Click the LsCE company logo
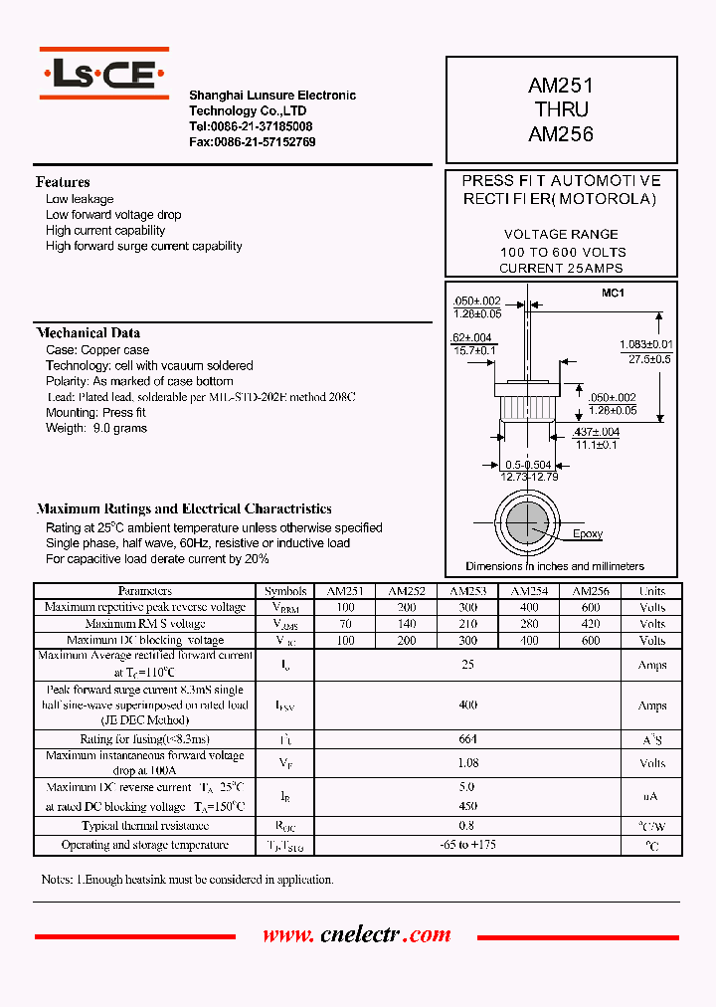104,74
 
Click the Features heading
63,182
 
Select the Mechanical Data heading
89,333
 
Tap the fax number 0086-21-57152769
253,142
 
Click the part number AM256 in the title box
561,132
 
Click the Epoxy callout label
588,534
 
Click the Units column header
652,591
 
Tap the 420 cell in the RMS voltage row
591,624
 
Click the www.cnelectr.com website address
357,935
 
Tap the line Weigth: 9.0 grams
96,429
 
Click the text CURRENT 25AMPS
561,269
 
